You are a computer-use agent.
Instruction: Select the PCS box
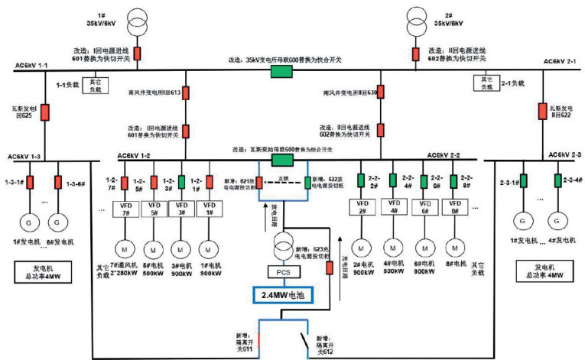[283, 271]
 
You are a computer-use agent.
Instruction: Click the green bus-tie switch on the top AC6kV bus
[281, 71]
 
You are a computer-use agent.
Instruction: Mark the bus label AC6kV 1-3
[22, 157]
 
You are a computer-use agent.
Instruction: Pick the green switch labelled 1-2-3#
[181, 183]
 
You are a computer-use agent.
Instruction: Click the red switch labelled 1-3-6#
[58, 183]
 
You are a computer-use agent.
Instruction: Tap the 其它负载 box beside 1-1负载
[95, 83]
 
